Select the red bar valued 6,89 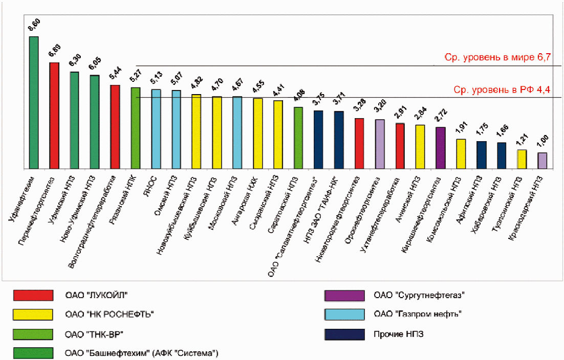54,116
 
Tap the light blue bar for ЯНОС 156,129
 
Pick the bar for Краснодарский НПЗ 543,161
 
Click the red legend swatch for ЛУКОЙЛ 33,295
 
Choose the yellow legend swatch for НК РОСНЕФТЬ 33,314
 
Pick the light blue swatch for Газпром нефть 344,314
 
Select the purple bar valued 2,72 441,148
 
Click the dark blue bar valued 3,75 318,140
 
